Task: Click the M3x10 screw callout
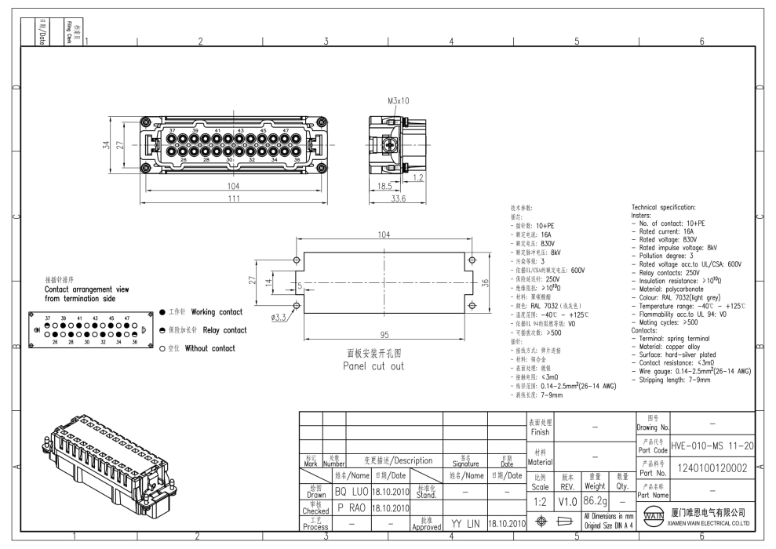pos(399,100)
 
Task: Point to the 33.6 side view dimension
pos(398,199)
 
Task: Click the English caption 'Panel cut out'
pos(373,366)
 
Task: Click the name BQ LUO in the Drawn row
pos(351,492)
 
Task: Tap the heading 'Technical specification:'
pos(663,208)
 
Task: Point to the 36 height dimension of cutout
pos(484,283)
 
